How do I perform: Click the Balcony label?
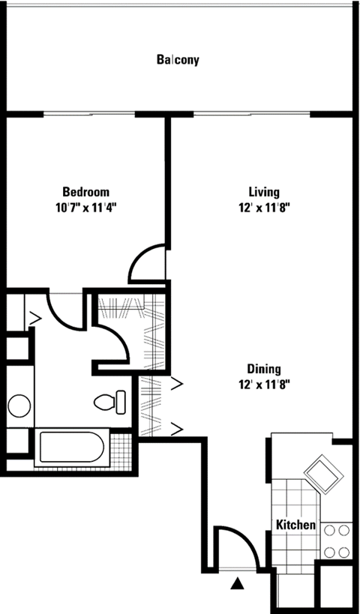coord(178,60)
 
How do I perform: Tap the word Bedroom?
coord(85,191)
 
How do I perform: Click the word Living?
coord(265,191)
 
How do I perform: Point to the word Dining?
coord(264,369)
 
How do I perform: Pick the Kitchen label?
coord(295,525)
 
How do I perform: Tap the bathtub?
coord(73,448)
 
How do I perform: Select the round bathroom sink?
coord(19,406)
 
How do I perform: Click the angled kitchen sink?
coord(322,474)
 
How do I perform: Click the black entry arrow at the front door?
coord(238,582)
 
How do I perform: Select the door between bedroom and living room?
coord(147,264)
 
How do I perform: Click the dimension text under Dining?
coord(264,385)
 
